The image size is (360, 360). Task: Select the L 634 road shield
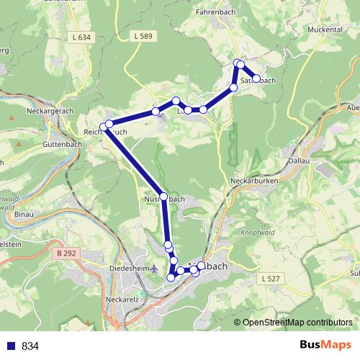pos(84,37)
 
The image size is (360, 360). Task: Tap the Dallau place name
pos(297,161)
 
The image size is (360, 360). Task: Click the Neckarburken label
pos(253,180)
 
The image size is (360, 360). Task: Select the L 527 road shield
pos(270,278)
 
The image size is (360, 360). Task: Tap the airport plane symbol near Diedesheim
pos(153,268)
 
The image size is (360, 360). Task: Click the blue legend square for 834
pos(10,346)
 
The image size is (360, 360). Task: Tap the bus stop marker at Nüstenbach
pos(164,197)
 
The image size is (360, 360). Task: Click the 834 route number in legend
pos(30,346)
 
